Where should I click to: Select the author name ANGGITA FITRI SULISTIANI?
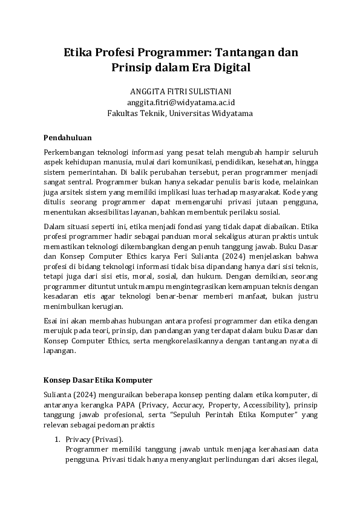pyautogui.click(x=180, y=91)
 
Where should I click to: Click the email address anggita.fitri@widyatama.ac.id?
pyautogui.click(x=180, y=102)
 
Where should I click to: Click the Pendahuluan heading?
pyautogui.click(x=68, y=138)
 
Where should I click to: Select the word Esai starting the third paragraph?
pyautogui.click(x=52, y=320)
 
